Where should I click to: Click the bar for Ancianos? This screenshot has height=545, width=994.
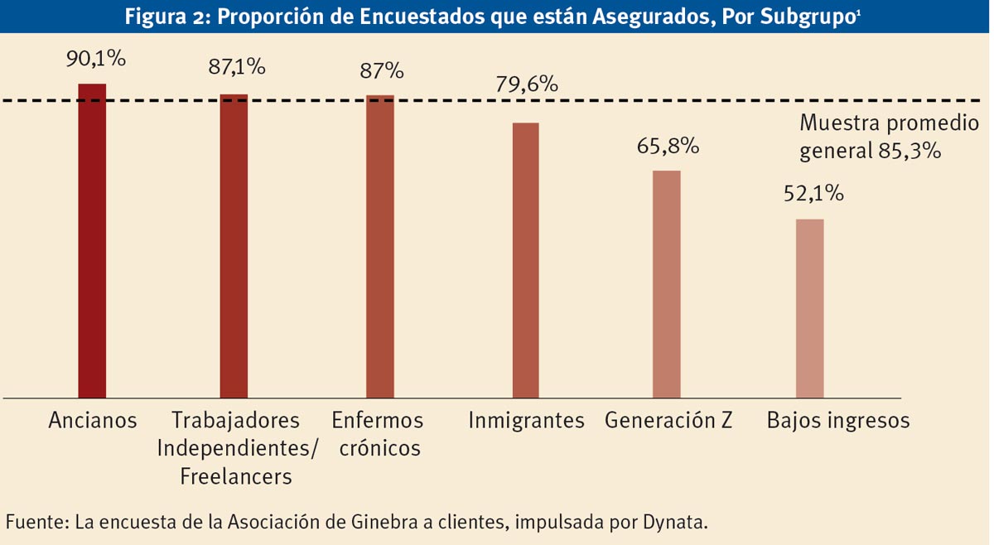coord(92,240)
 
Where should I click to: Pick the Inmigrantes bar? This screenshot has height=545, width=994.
coord(526,260)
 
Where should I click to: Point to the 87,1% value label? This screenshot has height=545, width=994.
coord(237,67)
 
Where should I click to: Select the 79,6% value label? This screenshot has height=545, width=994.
coord(527,84)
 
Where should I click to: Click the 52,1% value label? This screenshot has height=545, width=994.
coord(813,194)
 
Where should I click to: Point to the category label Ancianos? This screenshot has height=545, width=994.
coord(92,421)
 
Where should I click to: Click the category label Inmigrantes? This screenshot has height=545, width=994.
coord(526,421)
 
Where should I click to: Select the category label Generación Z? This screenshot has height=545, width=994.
coord(668,421)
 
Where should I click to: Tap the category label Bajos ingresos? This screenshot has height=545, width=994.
coord(838,421)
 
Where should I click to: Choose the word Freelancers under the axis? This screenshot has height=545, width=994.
coord(235,477)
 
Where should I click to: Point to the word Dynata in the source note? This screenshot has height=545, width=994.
coord(677,523)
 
